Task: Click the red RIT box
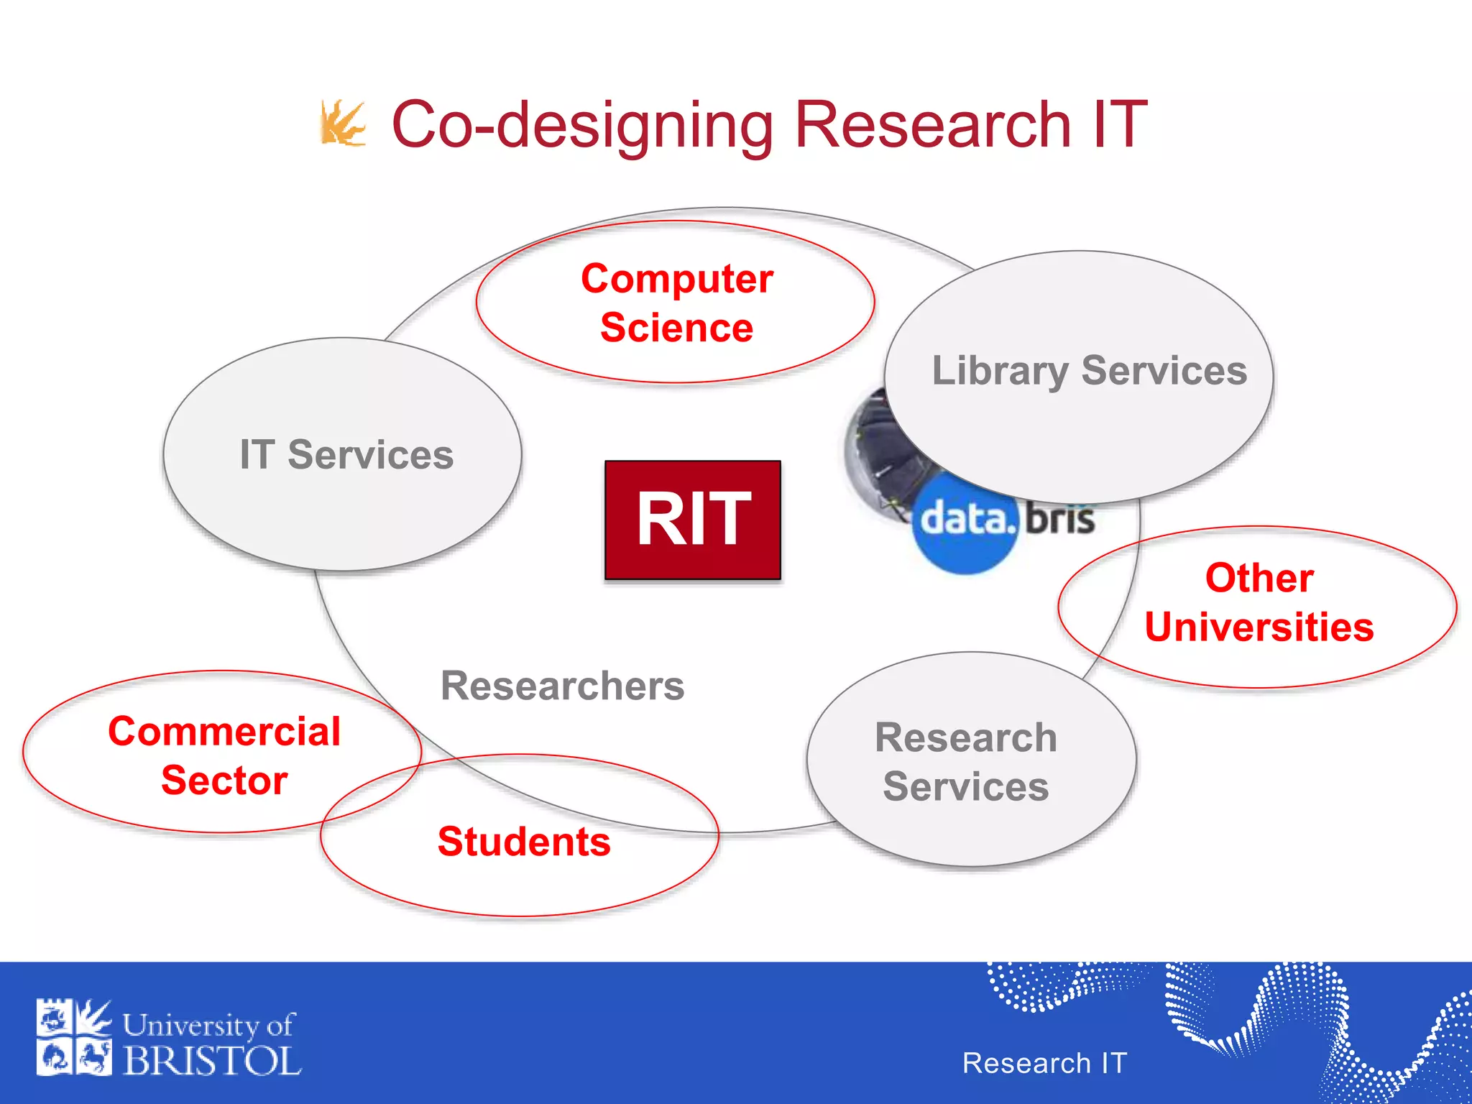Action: click(692, 519)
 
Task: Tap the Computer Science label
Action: click(676, 303)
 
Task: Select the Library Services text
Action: click(1089, 371)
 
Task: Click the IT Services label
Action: click(346, 455)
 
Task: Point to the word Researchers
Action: click(562, 686)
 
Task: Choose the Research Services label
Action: click(966, 762)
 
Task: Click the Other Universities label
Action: click(1259, 602)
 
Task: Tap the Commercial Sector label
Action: click(224, 755)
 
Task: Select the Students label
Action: click(524, 842)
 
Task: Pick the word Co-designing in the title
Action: click(582, 125)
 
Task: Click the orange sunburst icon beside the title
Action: click(342, 124)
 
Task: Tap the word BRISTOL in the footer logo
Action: click(212, 1062)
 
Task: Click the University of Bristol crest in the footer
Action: click(74, 1037)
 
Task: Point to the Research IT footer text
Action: click(1044, 1063)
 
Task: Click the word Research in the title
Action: click(934, 125)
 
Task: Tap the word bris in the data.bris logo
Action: click(1059, 519)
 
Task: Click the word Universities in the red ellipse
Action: click(1259, 627)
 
